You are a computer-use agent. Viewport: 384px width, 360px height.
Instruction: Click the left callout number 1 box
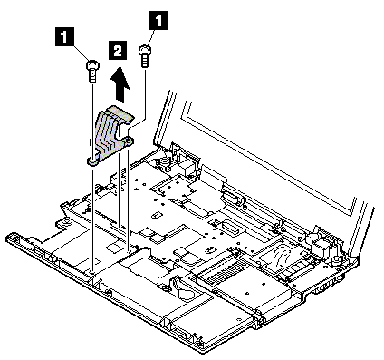click(x=64, y=37)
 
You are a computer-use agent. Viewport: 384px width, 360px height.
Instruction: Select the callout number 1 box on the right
click(x=159, y=20)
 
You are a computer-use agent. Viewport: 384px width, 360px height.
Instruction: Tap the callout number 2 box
click(x=117, y=51)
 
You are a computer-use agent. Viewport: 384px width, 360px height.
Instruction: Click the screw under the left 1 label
click(x=93, y=72)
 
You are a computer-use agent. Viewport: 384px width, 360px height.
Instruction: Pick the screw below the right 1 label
click(x=145, y=57)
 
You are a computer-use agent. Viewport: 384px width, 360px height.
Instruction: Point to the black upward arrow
click(x=120, y=84)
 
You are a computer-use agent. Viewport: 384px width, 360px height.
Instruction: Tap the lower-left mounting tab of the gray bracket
click(x=93, y=161)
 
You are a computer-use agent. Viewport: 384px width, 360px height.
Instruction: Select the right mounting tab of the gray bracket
click(x=128, y=141)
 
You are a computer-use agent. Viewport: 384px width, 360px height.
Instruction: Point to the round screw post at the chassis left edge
click(x=65, y=223)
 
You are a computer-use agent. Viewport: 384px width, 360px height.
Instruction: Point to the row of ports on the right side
click(x=329, y=286)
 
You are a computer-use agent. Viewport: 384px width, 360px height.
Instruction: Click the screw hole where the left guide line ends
click(x=93, y=273)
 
